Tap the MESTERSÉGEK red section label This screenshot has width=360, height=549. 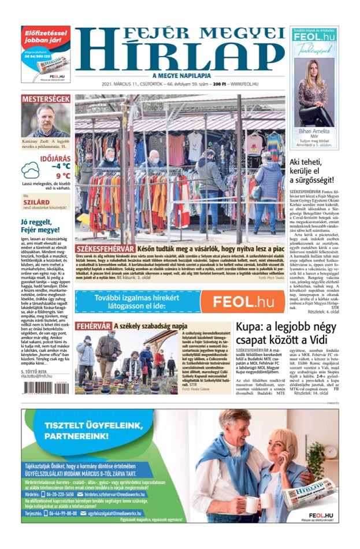tap(46, 99)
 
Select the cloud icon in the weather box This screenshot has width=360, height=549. tap(31, 171)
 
